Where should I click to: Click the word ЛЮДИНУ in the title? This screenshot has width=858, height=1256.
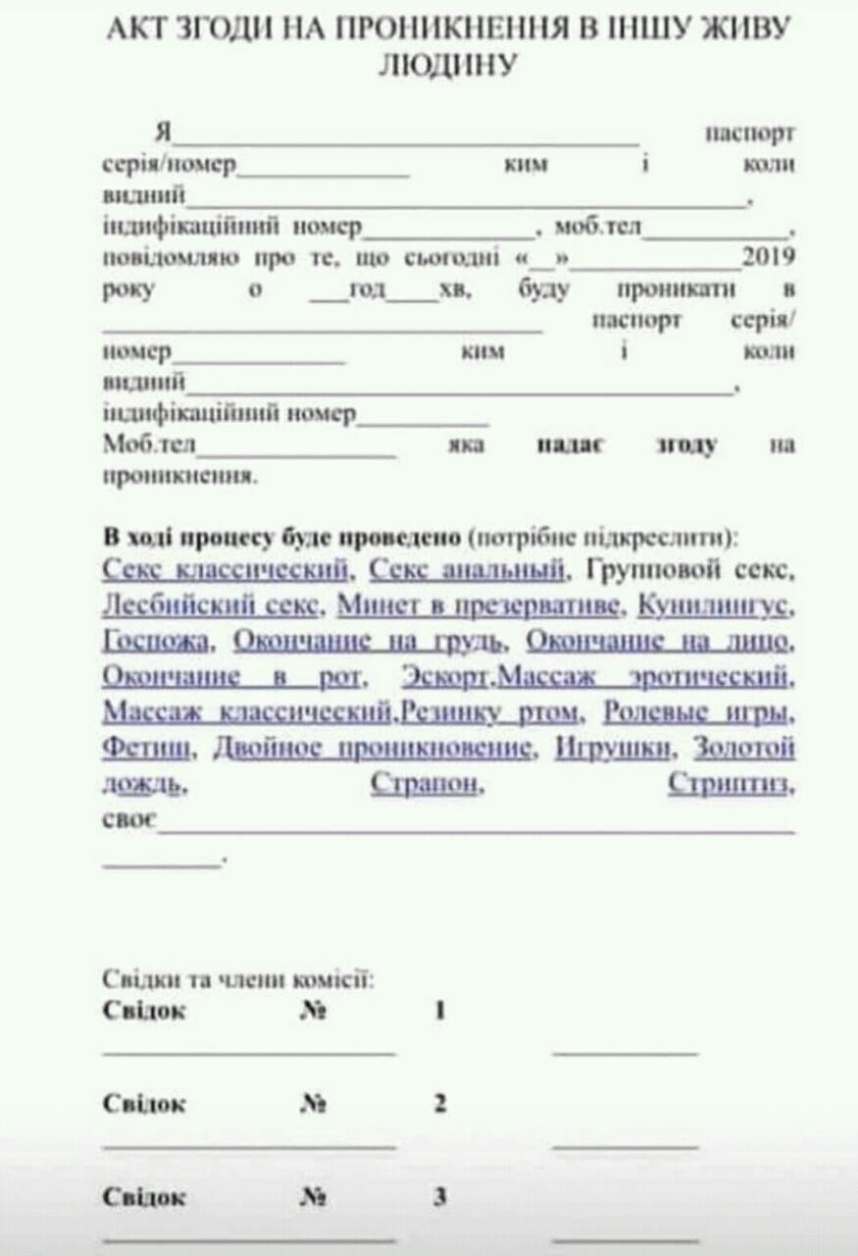(445, 65)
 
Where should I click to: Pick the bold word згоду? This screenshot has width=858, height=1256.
(686, 444)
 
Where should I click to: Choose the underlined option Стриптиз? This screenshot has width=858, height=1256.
(730, 784)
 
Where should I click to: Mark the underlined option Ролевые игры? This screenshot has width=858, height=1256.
(698, 710)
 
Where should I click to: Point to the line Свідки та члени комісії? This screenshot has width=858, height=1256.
(236, 978)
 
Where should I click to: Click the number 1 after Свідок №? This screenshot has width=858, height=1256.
(440, 1010)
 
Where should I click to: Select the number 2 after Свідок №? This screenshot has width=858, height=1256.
(440, 1103)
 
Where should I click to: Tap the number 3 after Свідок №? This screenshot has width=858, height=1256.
(440, 1196)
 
